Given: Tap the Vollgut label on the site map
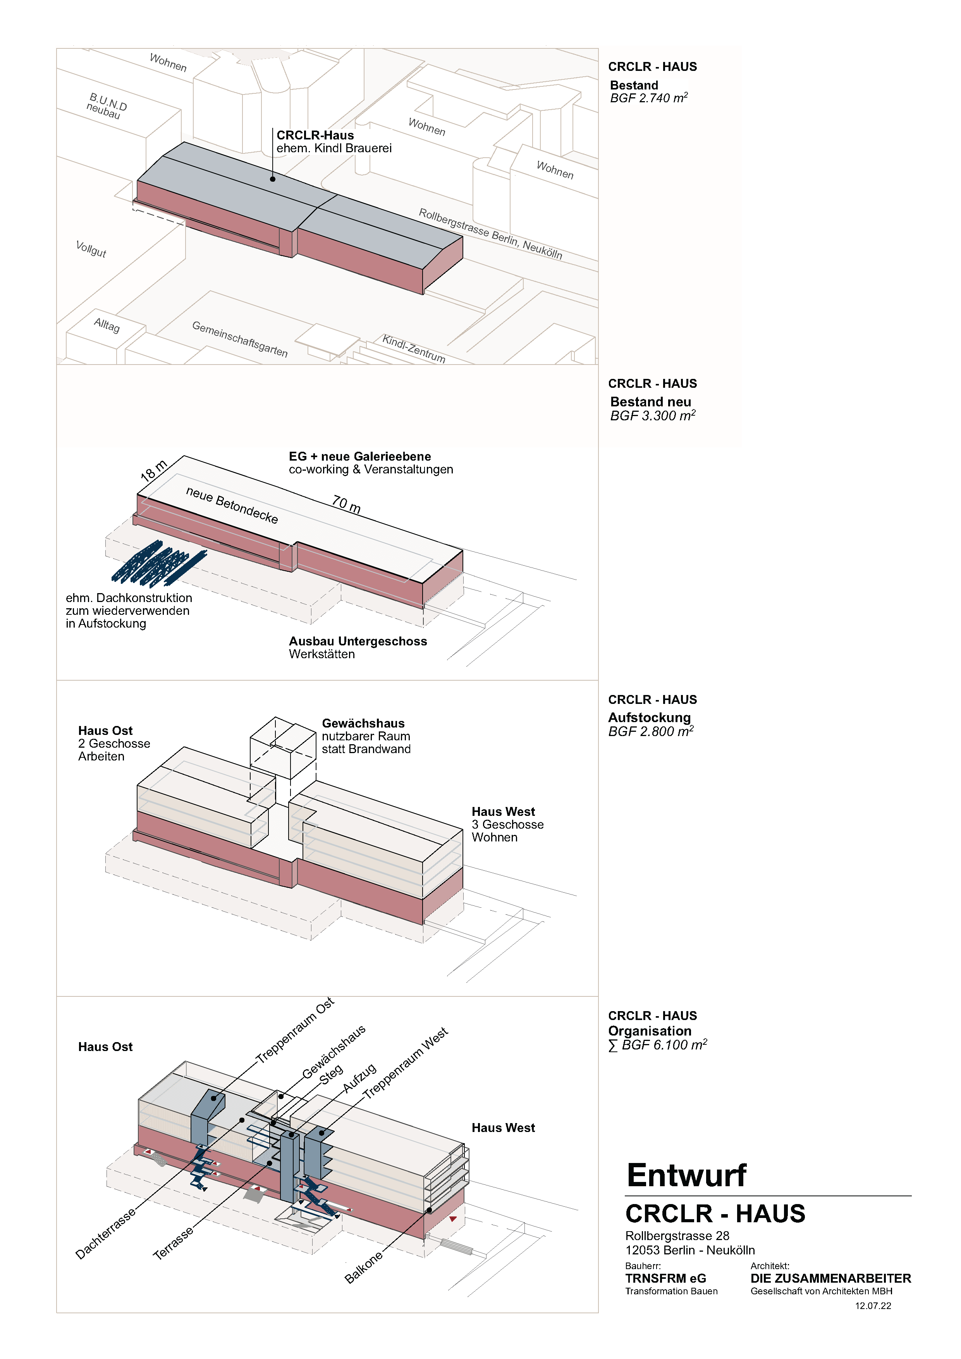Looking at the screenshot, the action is (x=91, y=249).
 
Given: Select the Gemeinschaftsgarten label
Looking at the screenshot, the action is (x=240, y=339).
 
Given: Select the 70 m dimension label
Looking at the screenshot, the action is (x=346, y=504).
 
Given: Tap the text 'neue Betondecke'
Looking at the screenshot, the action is (x=232, y=505).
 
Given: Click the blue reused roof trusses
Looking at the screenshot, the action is (x=158, y=561).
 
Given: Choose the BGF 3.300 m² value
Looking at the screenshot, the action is (x=653, y=416).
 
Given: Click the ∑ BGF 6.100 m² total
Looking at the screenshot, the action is (x=657, y=1045).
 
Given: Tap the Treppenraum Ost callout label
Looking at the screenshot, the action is (x=295, y=1030).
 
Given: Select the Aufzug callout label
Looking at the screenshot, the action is (x=359, y=1079).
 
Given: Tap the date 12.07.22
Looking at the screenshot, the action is (x=873, y=1306).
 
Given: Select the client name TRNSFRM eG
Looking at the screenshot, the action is (x=666, y=1278).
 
